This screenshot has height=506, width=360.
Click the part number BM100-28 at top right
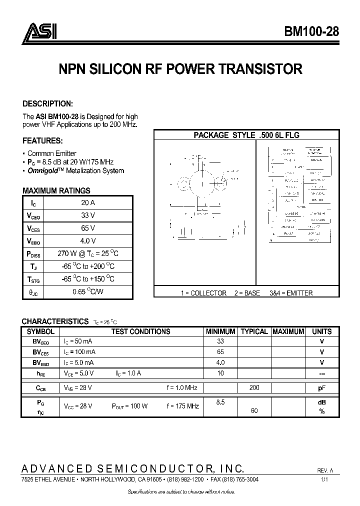click(311, 31)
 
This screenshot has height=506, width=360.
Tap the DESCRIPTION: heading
click(48, 103)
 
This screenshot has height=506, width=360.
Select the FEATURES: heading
click(42, 140)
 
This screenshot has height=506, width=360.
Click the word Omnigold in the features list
click(42, 170)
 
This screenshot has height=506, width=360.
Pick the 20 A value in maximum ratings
click(88, 202)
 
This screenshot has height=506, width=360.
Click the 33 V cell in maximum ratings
click(88, 215)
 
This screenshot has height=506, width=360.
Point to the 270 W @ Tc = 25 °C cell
click(88, 253)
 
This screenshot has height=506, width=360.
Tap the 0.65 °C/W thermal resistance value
click(88, 291)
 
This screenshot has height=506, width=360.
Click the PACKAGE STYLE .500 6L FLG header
click(246, 135)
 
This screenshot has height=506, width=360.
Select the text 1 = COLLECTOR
click(203, 293)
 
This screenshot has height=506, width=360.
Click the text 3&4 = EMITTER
click(291, 293)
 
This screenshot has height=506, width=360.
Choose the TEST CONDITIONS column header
click(140, 331)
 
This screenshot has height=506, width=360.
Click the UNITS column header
click(321, 331)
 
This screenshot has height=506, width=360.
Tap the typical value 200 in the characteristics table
click(254, 387)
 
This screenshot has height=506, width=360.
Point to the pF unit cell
click(321, 387)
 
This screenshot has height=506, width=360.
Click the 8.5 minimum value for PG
click(220, 401)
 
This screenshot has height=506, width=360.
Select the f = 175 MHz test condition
click(182, 406)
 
